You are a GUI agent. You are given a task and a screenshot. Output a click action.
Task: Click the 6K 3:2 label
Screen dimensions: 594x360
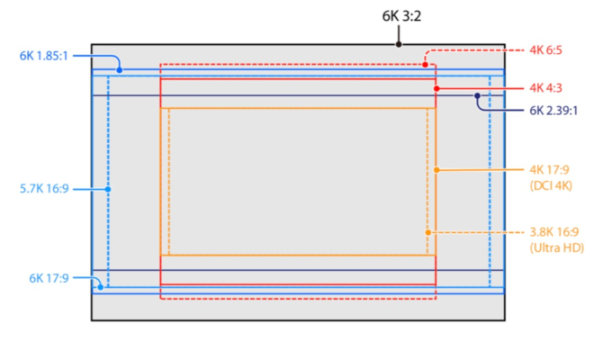[x=401, y=16]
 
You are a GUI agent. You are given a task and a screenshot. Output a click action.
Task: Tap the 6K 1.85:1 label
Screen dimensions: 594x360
[x=43, y=56]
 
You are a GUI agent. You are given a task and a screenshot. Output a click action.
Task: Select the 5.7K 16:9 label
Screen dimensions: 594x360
[x=44, y=188]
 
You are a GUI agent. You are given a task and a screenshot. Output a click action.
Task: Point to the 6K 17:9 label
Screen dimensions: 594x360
[x=49, y=278]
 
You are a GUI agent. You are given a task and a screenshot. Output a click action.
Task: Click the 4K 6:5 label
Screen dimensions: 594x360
[x=545, y=50]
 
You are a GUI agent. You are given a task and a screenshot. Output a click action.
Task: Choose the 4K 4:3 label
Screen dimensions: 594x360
[x=545, y=88]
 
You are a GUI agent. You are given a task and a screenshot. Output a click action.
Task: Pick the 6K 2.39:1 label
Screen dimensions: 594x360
[x=553, y=111]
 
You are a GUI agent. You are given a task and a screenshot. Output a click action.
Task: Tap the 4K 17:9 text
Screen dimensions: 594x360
[x=549, y=170]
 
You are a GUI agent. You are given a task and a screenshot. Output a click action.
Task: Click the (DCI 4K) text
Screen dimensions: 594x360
[x=551, y=185]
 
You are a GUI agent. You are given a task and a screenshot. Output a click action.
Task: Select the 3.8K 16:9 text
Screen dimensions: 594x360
[x=553, y=232]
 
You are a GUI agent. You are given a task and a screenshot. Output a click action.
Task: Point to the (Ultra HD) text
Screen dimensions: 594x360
[x=556, y=247]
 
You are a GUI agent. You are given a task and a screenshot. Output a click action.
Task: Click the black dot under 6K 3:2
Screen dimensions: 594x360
[x=399, y=44]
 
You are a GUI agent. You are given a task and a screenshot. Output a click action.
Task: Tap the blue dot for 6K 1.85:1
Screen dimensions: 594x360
[x=120, y=70]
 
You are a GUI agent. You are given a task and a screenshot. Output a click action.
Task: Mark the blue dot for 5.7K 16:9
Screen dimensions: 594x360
[x=108, y=189]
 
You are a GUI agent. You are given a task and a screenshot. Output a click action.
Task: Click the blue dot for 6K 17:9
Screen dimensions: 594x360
[x=101, y=287]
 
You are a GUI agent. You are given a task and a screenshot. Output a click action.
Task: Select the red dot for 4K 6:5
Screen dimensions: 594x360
[x=425, y=65]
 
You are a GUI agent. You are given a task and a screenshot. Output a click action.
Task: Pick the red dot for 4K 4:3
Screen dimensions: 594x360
[x=436, y=89]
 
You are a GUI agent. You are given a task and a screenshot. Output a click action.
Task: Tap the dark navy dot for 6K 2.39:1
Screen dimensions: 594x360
[x=477, y=96]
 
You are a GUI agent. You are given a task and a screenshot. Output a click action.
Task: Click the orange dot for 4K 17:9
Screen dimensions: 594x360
[x=436, y=170]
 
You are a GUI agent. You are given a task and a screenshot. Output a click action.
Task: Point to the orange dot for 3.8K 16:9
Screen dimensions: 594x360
[x=428, y=233]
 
